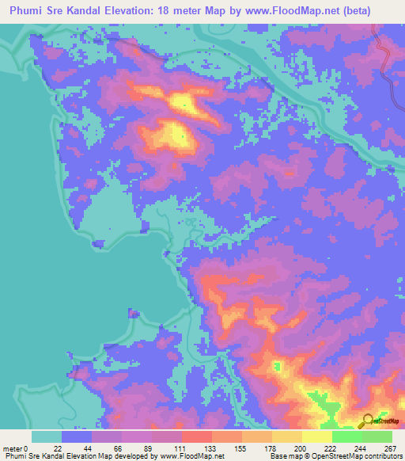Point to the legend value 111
182,448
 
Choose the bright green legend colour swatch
347,436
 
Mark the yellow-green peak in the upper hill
183,101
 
